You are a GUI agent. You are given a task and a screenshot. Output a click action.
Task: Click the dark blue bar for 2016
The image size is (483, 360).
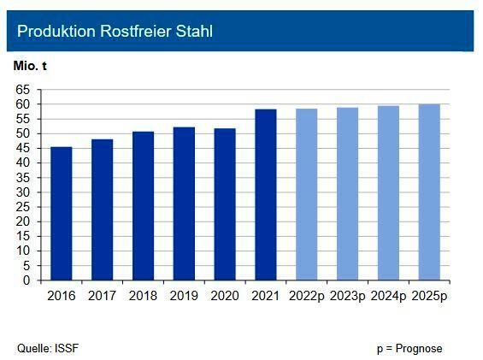(62, 214)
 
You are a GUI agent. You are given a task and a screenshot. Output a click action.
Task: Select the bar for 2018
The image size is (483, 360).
(143, 206)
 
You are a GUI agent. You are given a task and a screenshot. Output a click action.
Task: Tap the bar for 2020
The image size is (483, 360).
(225, 204)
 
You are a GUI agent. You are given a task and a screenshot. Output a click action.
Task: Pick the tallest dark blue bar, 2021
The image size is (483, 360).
(266, 195)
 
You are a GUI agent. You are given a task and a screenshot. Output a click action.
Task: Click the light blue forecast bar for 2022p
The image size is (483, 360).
(306, 195)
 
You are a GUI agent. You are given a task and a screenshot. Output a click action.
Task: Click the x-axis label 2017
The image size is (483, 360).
(102, 296)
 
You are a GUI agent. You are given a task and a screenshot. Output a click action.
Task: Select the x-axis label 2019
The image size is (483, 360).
(184, 296)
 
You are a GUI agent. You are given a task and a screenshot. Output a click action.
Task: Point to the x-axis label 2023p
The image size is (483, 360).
(347, 296)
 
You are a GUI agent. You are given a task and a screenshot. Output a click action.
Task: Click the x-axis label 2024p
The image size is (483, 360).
(388, 296)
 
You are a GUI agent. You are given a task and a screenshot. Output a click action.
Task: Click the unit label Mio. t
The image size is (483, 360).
(32, 66)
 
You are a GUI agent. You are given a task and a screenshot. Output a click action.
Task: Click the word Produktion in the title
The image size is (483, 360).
(53, 32)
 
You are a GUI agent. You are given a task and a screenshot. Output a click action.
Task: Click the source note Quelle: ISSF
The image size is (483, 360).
(49, 348)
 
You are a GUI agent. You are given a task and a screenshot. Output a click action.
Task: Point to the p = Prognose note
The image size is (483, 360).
(409, 348)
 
